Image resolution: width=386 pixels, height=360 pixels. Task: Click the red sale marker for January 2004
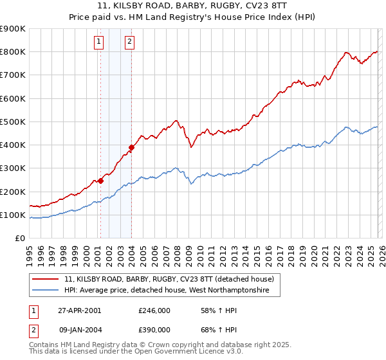[131, 148]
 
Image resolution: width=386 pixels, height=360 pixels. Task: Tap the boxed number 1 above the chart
[99, 42]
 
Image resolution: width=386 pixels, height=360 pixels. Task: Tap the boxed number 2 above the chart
[129, 42]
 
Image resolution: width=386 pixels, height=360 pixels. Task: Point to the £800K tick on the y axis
[13, 52]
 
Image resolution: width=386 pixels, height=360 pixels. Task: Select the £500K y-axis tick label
[13, 122]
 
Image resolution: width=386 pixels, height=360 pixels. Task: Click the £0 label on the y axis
[19, 239]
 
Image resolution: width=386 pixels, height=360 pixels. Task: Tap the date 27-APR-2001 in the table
[80, 310]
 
